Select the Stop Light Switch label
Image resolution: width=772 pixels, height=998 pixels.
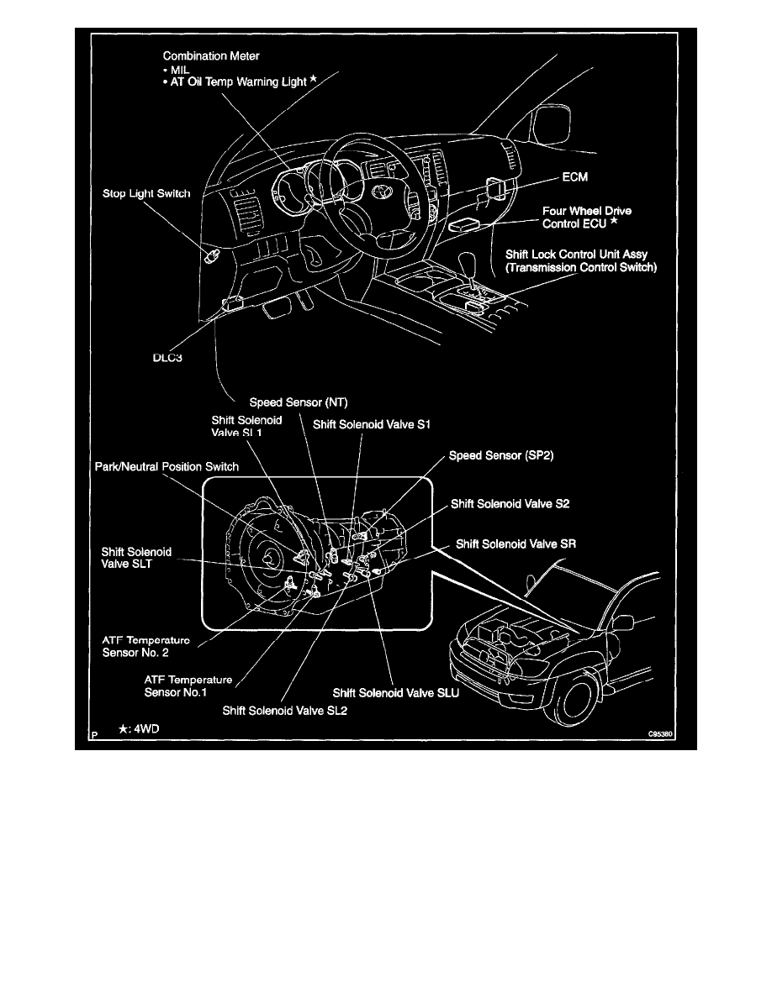(x=140, y=193)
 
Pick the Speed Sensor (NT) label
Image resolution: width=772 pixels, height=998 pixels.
(x=293, y=403)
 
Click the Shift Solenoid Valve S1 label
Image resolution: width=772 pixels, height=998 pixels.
(x=371, y=425)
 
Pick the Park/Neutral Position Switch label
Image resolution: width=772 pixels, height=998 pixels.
(x=166, y=466)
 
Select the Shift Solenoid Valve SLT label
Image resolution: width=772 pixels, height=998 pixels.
(x=136, y=558)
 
